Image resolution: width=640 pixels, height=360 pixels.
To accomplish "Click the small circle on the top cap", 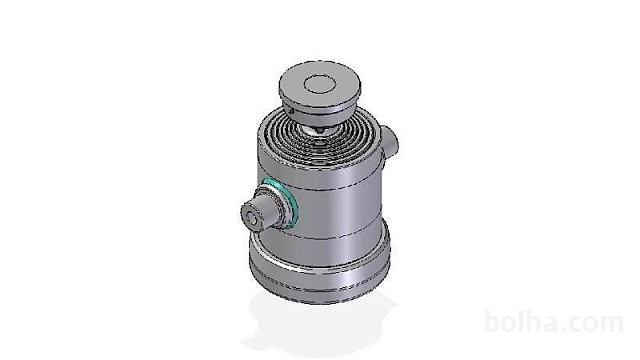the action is (320, 84).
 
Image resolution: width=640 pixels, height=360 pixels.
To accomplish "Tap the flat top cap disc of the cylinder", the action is (320, 84).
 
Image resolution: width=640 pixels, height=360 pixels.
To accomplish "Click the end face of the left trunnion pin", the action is (251, 218).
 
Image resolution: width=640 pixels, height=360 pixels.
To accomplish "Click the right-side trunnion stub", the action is (390, 144).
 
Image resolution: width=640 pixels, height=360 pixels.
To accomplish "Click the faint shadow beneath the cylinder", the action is (318, 322).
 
